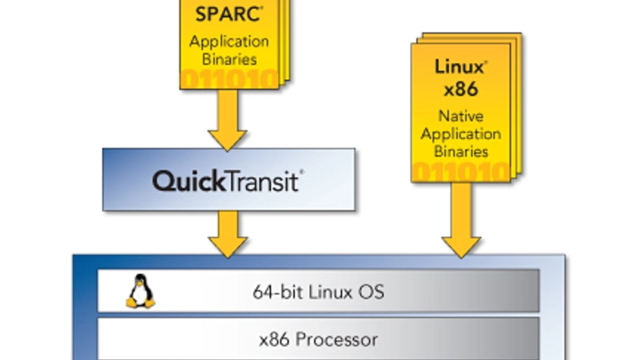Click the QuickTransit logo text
(228, 181)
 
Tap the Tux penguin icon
(138, 291)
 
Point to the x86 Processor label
(319, 339)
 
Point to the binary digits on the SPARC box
(232, 81)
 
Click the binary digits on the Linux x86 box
(461, 172)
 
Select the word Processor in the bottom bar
(340, 339)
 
